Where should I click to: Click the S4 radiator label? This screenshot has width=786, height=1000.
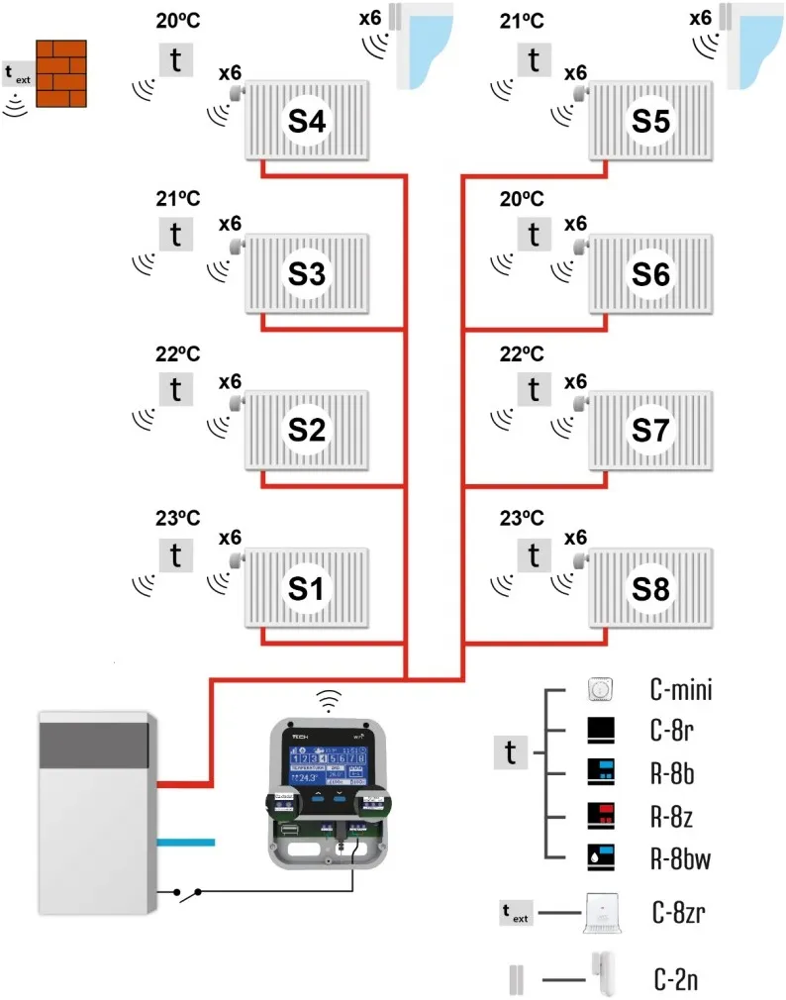(x=307, y=121)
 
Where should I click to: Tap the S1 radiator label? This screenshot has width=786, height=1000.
(x=307, y=588)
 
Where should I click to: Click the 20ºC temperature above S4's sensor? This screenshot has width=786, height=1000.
(x=178, y=21)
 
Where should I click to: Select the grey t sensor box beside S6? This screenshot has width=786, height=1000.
(x=535, y=235)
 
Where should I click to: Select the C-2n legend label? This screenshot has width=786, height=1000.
(x=676, y=981)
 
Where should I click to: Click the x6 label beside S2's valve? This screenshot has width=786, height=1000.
(x=230, y=382)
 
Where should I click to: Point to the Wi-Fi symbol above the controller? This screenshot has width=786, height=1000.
(x=328, y=702)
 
